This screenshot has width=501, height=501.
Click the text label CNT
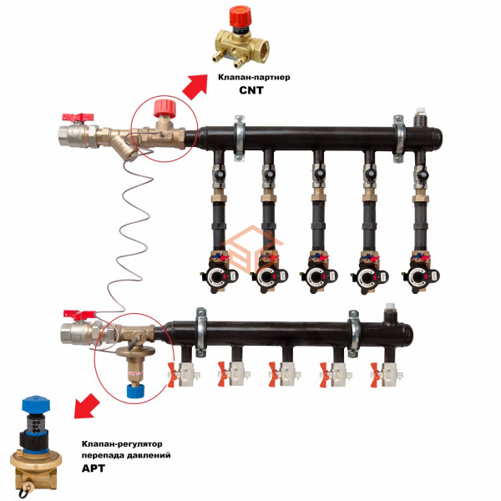(251, 90)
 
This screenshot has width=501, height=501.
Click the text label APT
(94, 468)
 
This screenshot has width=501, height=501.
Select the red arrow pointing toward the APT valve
(86, 406)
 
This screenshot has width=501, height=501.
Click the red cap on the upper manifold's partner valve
(164, 108)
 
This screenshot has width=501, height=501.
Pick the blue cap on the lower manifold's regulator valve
(136, 391)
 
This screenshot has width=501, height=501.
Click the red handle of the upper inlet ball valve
(78, 118)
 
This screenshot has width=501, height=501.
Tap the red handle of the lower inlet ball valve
(79, 315)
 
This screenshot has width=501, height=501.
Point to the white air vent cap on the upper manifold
(420, 112)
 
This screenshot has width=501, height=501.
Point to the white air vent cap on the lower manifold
(390, 307)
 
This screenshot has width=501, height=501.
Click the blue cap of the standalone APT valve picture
(35, 403)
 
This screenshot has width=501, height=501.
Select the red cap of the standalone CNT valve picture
(241, 16)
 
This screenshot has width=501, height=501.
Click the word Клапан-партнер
(254, 78)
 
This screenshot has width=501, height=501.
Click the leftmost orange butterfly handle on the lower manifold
(173, 375)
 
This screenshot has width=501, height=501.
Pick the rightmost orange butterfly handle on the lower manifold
(375, 375)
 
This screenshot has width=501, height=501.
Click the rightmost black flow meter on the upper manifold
(421, 274)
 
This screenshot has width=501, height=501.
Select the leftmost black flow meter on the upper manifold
(220, 274)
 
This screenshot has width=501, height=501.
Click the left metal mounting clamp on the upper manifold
(240, 138)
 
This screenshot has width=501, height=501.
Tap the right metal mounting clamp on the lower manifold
(354, 333)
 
